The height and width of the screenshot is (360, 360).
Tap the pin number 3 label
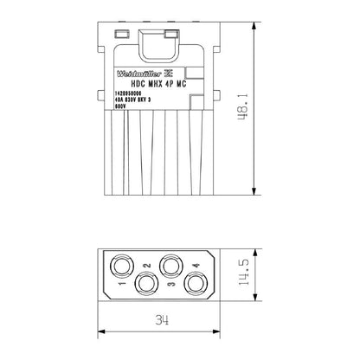pos(171,284)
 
